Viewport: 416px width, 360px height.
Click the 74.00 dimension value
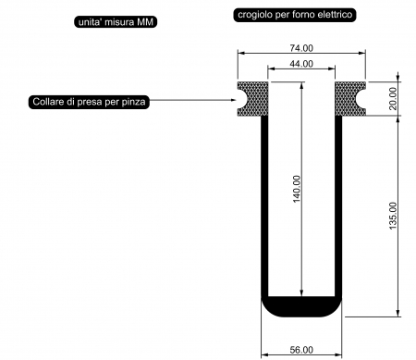click(x=301, y=48)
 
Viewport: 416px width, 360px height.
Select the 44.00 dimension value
click(x=301, y=64)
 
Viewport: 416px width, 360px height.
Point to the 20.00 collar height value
click(x=393, y=98)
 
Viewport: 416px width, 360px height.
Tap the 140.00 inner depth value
click(x=297, y=189)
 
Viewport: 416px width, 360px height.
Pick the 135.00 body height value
click(x=393, y=216)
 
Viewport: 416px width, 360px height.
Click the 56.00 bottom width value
click(x=301, y=350)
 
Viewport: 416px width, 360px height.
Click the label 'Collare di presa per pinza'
click(x=89, y=102)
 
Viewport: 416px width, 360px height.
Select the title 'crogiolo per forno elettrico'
click(x=295, y=15)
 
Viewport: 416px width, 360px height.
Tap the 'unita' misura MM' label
click(x=116, y=22)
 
